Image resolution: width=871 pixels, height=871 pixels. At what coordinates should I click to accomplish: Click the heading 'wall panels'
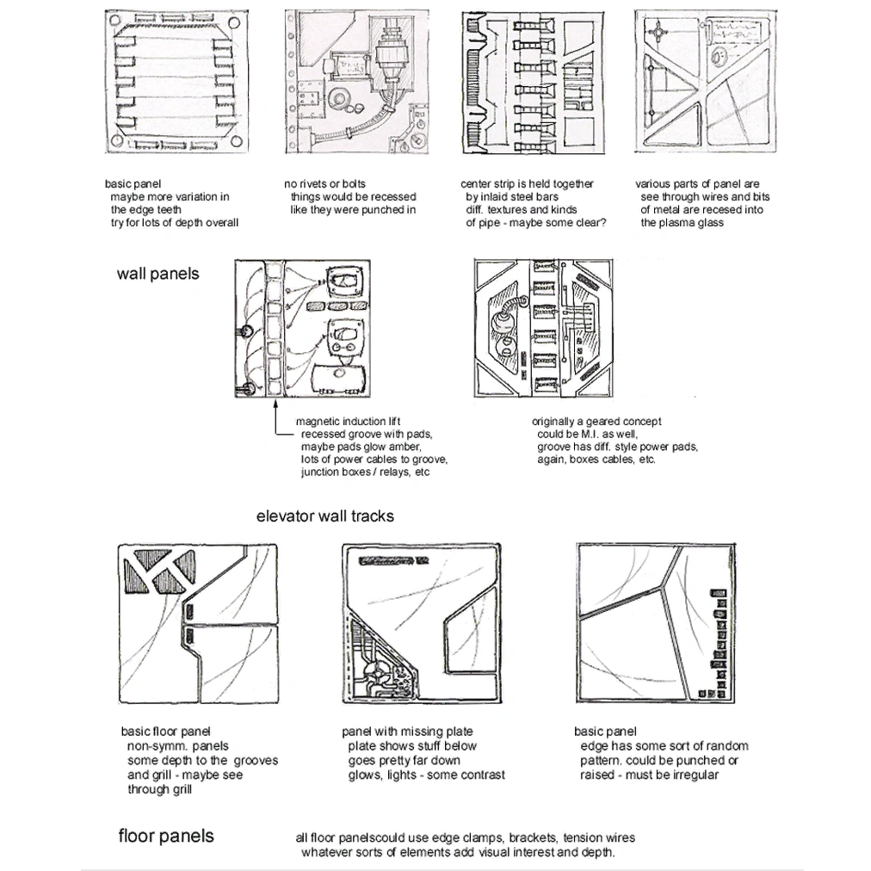158,275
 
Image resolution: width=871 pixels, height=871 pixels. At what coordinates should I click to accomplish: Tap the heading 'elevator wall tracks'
324,516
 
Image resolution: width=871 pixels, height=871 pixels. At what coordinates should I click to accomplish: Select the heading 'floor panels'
165,836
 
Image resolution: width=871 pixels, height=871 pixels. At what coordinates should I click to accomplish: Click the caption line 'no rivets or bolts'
324,184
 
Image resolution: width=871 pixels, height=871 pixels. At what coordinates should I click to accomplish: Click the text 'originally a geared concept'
596,422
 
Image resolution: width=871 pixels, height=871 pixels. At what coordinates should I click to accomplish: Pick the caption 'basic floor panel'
165,732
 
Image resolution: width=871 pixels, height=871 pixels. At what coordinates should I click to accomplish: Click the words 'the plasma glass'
682,223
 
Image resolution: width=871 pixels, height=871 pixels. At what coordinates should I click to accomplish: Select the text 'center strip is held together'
527,184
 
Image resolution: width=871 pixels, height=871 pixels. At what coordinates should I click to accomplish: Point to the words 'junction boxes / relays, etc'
365,473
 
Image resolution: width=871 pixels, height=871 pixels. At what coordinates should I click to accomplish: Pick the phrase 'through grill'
160,789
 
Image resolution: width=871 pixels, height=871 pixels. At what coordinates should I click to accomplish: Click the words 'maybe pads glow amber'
361,448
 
